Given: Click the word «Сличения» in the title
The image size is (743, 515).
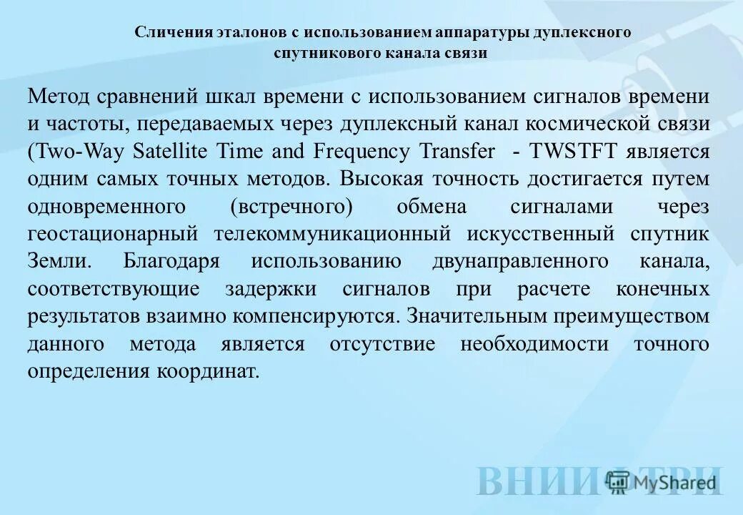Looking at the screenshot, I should click(166, 32).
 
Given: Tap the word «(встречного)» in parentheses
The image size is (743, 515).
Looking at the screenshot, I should click(291, 207).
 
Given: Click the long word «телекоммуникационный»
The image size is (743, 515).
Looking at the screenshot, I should click(331, 235).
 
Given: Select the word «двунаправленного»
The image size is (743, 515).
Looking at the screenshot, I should click(520, 261).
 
